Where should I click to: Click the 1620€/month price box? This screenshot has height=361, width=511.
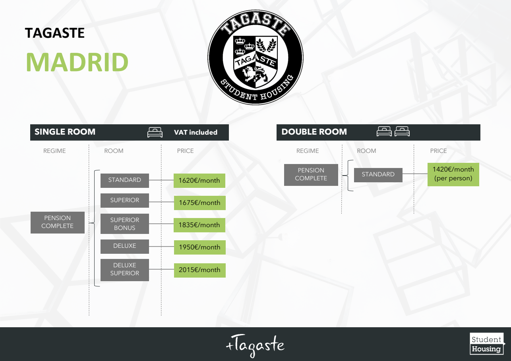coord(199,180)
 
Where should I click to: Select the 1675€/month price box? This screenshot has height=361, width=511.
coord(199,203)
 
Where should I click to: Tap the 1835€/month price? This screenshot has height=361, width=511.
coord(199,225)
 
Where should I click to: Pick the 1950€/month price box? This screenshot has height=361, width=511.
coord(199,247)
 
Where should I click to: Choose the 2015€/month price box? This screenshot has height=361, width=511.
coord(199,270)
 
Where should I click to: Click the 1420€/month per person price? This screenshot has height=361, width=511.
coord(453,174)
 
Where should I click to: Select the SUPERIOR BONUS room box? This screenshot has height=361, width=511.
coord(125,224)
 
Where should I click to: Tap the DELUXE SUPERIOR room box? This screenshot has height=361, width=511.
coord(125,270)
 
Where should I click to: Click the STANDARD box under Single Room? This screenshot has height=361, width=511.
coord(125,180)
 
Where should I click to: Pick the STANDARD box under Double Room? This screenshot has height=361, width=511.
coord(378,175)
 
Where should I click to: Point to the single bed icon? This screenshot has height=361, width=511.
coord(155,133)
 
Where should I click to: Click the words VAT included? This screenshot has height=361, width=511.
coord(195,133)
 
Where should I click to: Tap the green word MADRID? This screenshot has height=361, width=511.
coord(77,62)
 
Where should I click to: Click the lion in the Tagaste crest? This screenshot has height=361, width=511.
coord(254,75)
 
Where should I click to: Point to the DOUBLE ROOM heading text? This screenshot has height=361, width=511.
coord(314,132)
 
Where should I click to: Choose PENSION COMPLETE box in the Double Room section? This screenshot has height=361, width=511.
coord(311,175)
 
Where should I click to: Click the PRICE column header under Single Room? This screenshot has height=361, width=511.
coord(185,151)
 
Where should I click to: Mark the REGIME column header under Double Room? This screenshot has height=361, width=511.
coord(308,151)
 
